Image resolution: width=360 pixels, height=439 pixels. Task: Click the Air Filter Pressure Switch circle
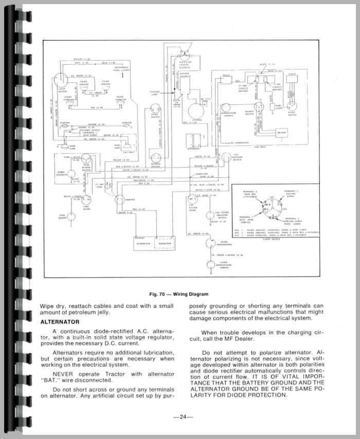click(210, 216)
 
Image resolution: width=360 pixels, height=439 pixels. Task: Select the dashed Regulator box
click(166, 246)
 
